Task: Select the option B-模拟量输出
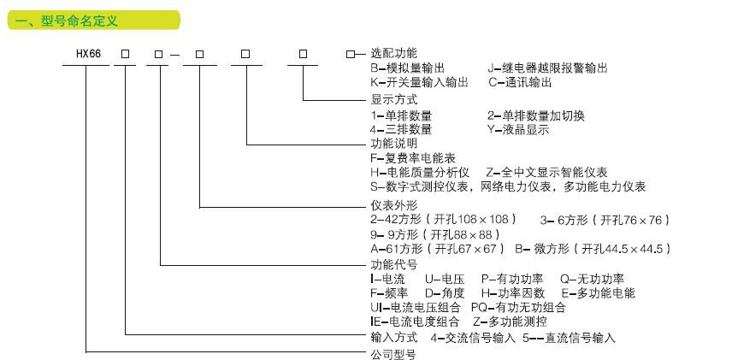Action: [x=413, y=68]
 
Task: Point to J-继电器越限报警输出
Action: [x=548, y=68]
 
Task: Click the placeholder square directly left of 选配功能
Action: [x=350, y=53]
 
